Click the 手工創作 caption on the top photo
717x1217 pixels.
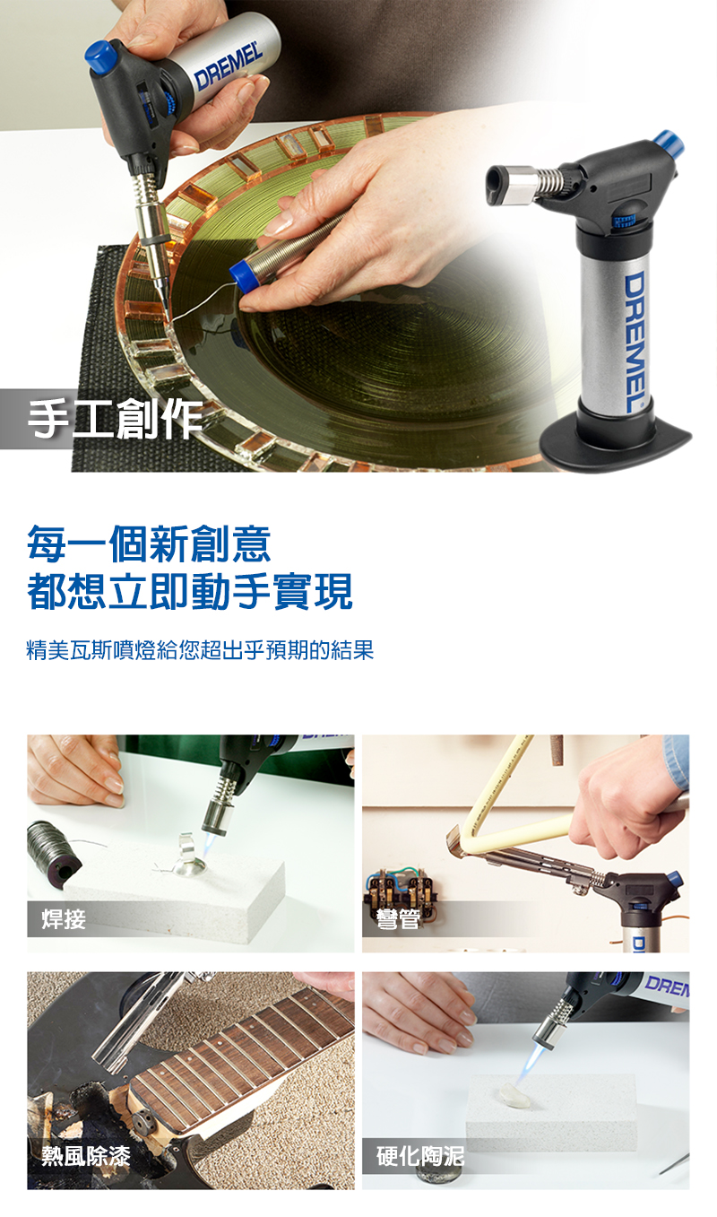pyautogui.click(x=115, y=418)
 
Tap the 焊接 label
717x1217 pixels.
pyautogui.click(x=64, y=919)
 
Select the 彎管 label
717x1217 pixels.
pyautogui.click(x=399, y=919)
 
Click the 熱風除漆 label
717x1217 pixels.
pyautogui.click(x=86, y=1156)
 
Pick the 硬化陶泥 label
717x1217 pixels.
pyautogui.click(x=420, y=1156)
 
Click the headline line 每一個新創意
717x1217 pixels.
pyautogui.click(x=149, y=543)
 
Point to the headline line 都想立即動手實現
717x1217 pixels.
pyautogui.click(x=190, y=592)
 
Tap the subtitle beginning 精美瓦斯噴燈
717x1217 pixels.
pyautogui.click(x=200, y=650)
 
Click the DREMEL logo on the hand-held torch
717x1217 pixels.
pyautogui.click(x=229, y=67)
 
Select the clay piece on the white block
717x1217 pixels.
pyautogui.click(x=514, y=1093)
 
